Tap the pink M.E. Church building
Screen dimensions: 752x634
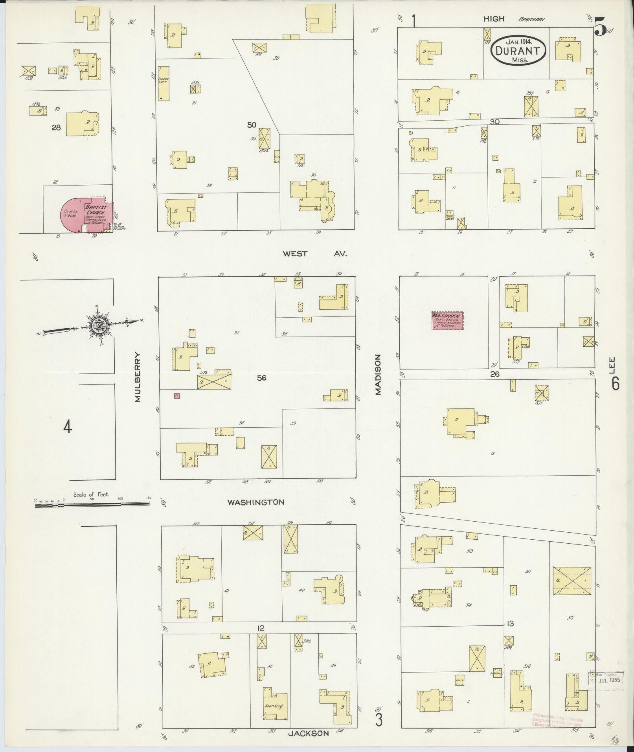447,320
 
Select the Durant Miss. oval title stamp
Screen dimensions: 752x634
518,50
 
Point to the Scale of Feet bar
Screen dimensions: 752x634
92,504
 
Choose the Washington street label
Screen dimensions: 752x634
256,502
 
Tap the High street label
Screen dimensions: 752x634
494,18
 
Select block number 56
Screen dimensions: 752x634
261,378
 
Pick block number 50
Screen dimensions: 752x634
252,125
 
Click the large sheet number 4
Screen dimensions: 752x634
68,427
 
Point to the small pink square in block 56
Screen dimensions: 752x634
177,395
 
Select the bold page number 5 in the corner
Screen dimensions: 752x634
600,27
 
